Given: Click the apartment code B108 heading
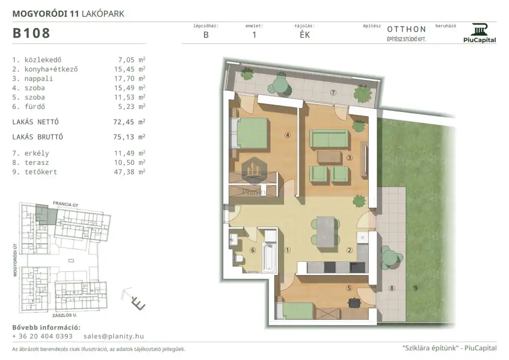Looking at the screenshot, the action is [x=31, y=33].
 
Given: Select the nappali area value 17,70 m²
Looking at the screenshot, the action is [x=129, y=78].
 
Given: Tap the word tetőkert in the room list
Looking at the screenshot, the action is [x=41, y=172].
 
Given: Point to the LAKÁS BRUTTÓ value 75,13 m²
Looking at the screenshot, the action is [x=129, y=137].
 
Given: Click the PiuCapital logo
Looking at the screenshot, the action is [x=479, y=33].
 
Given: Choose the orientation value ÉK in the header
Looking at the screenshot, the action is [x=304, y=35].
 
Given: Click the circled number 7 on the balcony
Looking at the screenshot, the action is [x=333, y=93].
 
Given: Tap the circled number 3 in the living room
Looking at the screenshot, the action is [x=349, y=158].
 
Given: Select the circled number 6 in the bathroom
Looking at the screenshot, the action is [x=253, y=250].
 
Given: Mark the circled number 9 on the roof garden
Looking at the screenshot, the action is [x=415, y=288].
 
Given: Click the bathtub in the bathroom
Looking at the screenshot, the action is [x=269, y=258].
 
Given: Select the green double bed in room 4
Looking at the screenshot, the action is [x=249, y=133].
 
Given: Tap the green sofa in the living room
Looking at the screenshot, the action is [x=329, y=139].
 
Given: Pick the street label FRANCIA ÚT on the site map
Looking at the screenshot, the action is [x=66, y=204].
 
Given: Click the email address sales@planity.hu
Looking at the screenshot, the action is [x=114, y=336].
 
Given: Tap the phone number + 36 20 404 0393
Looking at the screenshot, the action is [x=42, y=336].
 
